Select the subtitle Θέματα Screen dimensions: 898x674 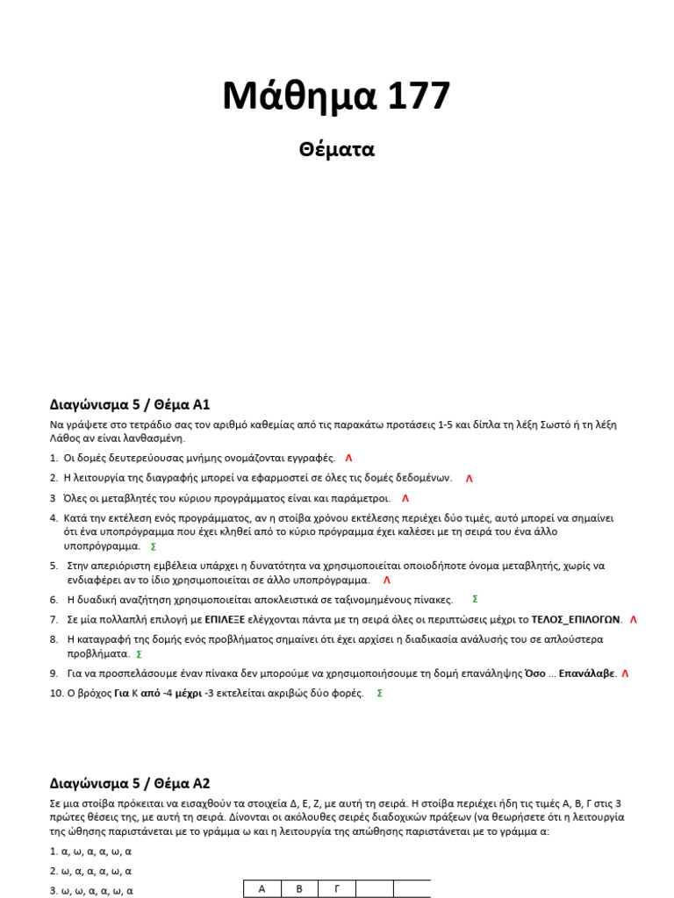coord(337,150)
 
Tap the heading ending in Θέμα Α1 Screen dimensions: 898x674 coord(130,404)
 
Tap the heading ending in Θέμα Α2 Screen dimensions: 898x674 coord(130,783)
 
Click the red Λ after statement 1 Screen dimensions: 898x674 coord(348,459)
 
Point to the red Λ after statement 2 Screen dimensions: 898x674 coord(469,479)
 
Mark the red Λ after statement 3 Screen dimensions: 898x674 coord(405,498)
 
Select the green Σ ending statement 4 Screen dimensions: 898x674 coord(154,546)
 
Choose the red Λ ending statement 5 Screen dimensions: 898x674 coord(387,581)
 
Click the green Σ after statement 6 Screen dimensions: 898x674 coord(475,599)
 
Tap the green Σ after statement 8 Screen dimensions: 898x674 coord(140,654)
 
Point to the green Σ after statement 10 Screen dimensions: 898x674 coord(379,693)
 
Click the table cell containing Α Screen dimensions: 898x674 coord(262,888)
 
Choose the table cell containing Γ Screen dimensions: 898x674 coord(336,888)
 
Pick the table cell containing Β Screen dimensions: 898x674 coord(299,888)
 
